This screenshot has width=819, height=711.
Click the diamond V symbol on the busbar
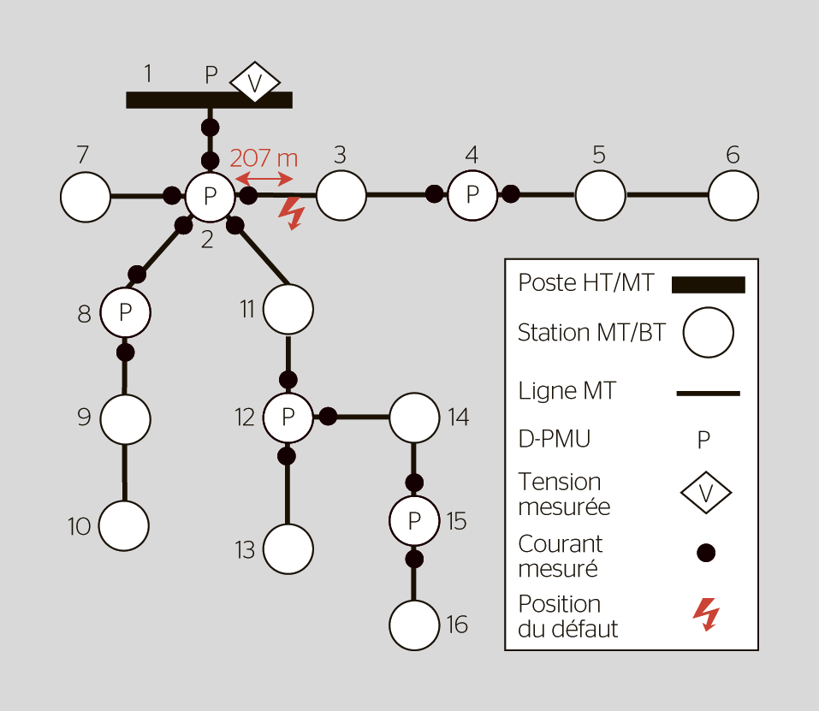(x=255, y=83)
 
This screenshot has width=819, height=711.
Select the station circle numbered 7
(x=86, y=197)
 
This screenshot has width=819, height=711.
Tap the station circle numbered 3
(x=341, y=195)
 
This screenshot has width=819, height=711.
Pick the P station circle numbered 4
(x=472, y=194)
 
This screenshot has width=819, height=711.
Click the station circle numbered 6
(x=733, y=195)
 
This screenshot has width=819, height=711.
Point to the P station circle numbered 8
(x=126, y=313)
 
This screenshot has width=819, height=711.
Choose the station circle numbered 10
(x=124, y=524)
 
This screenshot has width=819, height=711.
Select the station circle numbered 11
(x=288, y=309)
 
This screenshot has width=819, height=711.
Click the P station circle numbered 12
(x=288, y=418)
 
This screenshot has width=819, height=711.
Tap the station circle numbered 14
(x=414, y=418)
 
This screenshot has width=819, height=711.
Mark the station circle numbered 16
(x=414, y=625)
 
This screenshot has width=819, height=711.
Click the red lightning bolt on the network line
(x=293, y=214)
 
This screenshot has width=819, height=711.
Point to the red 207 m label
(x=264, y=158)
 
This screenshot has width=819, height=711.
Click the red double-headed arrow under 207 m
(x=264, y=178)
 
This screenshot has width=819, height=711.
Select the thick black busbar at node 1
(x=209, y=99)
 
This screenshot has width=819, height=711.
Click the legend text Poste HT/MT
(x=585, y=283)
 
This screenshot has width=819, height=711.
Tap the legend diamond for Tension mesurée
(x=707, y=493)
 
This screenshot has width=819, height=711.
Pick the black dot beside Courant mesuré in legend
(x=706, y=553)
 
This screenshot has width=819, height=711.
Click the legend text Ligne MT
(x=567, y=392)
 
